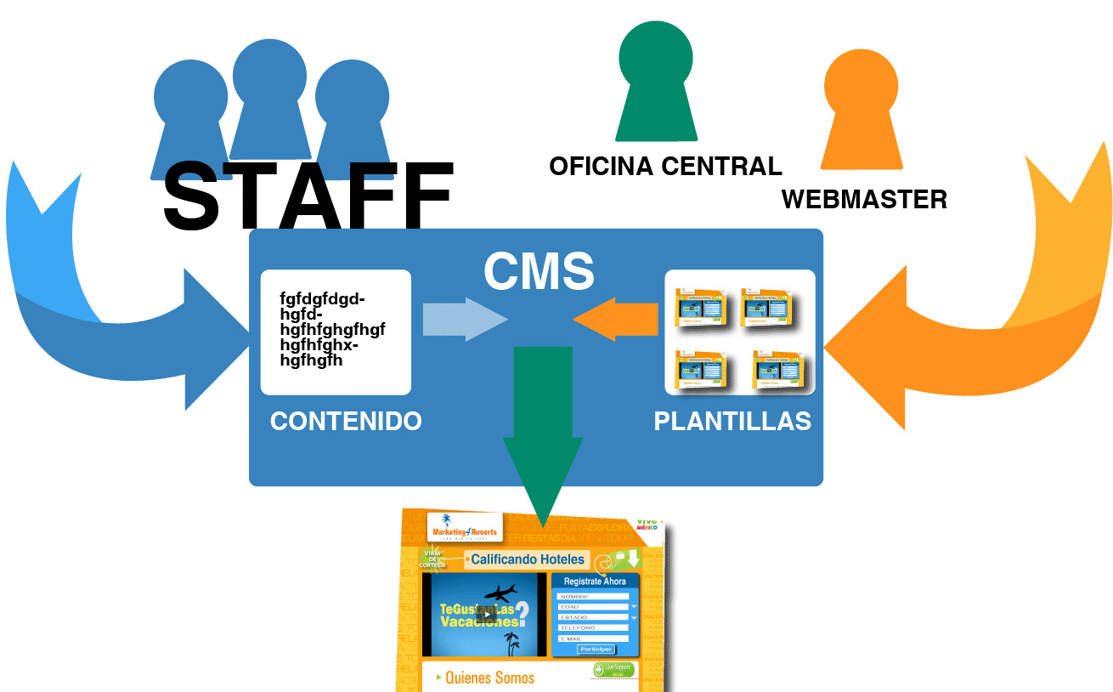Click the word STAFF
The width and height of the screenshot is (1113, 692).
pos(308,196)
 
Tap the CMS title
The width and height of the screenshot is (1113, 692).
pos(539,271)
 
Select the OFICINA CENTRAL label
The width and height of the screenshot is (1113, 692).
pos(665,166)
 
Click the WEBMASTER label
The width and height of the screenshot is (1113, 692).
pos(864,199)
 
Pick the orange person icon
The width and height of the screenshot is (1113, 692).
pos(861,111)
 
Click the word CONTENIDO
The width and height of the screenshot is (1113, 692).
pos(346,421)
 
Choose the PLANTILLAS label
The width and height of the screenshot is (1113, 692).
pos(732,421)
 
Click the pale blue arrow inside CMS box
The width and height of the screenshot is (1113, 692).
pos(464,319)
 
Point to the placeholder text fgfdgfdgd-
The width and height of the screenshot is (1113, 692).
pos(322,298)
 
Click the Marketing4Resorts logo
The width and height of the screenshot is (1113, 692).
pos(464,528)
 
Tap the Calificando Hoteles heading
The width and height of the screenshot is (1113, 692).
pos(527,559)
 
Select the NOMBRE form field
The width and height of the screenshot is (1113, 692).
pos(592,596)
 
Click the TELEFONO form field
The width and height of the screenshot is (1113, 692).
pos(592,627)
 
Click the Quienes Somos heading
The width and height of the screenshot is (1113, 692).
pos(490,678)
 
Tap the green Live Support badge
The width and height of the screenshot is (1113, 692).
pos(613,670)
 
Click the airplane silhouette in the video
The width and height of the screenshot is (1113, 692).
pos(500,592)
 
